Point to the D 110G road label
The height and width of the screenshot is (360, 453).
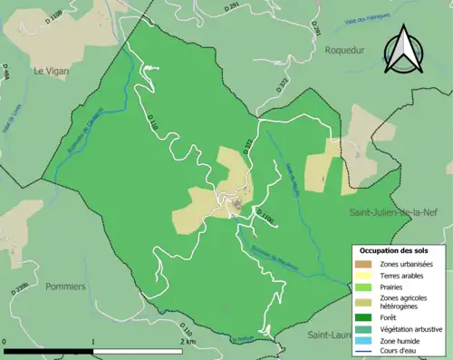tap(265, 216)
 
